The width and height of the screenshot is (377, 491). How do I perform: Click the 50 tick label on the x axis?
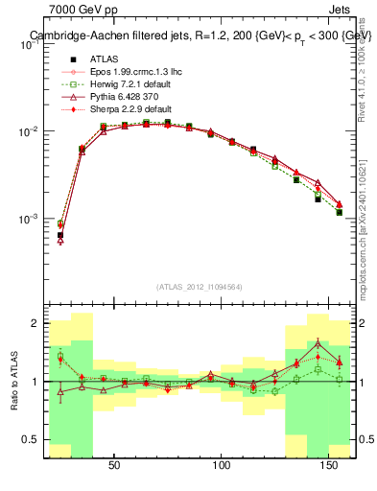click(114, 466)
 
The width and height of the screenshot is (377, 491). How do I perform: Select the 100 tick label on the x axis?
click(223, 466)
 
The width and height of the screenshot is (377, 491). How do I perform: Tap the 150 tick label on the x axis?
click(330, 466)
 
